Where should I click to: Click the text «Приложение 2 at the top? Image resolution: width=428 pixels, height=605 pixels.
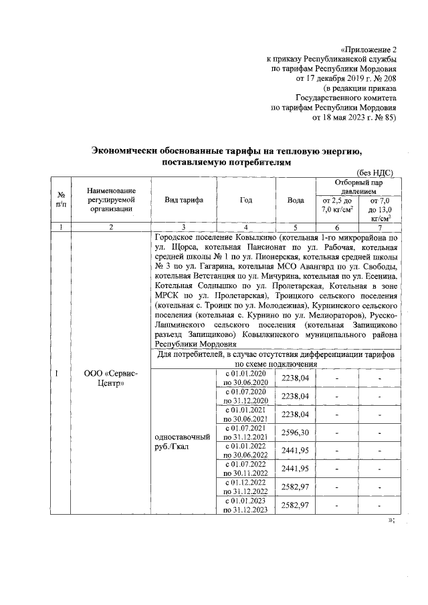[x=368, y=49]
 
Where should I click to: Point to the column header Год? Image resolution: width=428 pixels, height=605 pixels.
[x=245, y=200]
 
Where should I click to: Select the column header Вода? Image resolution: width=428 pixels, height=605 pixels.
[x=295, y=200]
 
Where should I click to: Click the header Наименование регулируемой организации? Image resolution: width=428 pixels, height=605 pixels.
[x=110, y=200]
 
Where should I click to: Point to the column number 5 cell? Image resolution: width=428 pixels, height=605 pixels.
[x=295, y=227]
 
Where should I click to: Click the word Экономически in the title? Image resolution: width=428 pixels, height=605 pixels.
[x=127, y=150]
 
